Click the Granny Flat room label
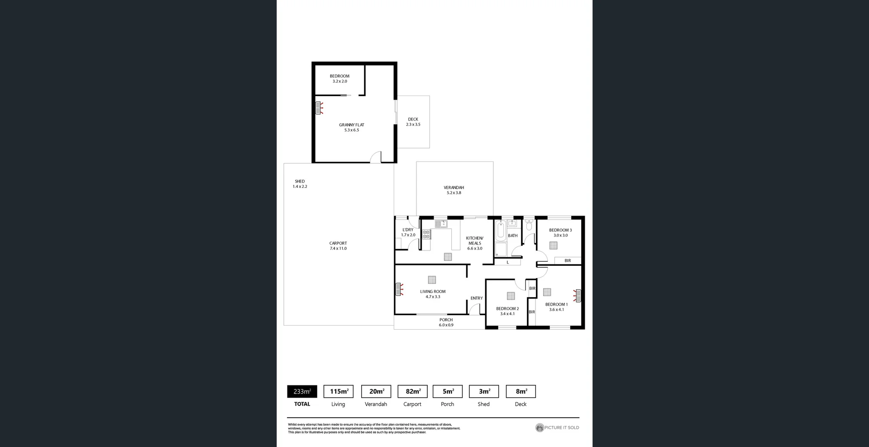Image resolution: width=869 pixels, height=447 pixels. (x=351, y=127)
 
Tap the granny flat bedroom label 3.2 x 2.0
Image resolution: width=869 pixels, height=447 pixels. (x=339, y=79)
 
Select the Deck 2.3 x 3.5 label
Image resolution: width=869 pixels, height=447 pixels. (x=413, y=122)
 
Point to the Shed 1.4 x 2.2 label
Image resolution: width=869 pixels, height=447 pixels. (x=300, y=184)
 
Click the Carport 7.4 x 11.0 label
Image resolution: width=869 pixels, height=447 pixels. (x=338, y=246)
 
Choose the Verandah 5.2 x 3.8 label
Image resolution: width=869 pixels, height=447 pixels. (x=454, y=190)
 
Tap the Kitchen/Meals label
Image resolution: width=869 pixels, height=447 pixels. (x=474, y=243)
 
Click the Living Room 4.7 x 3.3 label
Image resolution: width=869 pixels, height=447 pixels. (x=433, y=294)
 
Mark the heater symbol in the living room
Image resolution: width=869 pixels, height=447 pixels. (x=399, y=289)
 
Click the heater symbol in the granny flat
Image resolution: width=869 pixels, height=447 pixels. (x=319, y=108)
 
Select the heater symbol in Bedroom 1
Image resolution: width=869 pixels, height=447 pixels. (x=578, y=296)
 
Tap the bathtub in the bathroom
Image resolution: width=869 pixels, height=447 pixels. (x=501, y=231)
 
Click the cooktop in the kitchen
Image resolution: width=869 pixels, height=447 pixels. (x=426, y=234)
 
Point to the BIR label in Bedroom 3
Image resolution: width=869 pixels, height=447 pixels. (x=568, y=261)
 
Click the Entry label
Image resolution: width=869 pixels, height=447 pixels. (x=476, y=298)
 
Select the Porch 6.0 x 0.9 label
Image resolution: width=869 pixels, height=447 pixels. (x=446, y=322)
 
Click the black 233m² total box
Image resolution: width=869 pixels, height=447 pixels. (x=302, y=391)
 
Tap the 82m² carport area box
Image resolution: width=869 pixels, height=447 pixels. (x=412, y=391)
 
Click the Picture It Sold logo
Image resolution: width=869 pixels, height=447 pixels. (x=557, y=428)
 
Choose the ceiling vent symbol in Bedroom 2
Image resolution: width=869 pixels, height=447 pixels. (x=511, y=296)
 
